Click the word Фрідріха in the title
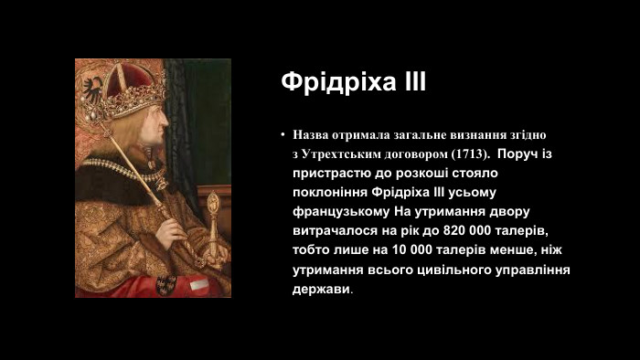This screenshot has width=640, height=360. click(336, 82)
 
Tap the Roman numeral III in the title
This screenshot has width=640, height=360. click(411, 82)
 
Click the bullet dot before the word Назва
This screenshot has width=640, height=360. click(284, 134)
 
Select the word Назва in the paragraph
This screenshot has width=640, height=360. click(313, 134)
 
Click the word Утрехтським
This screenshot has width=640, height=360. click(345, 154)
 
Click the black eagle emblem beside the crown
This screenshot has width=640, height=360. click(92, 87)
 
